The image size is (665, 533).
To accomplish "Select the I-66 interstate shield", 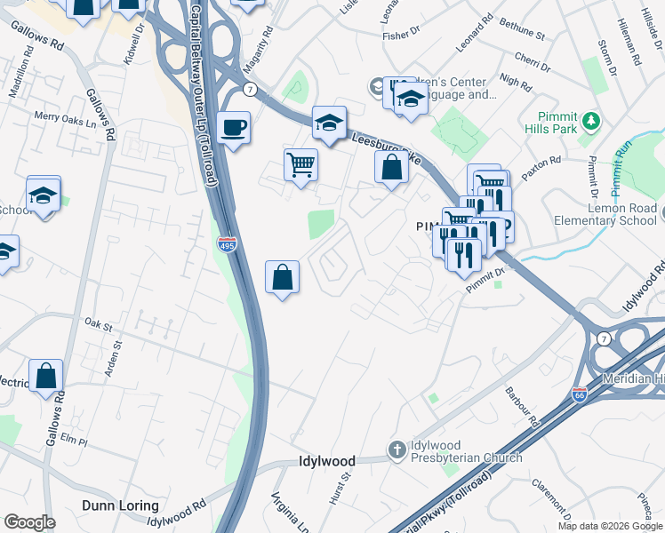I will (580, 393).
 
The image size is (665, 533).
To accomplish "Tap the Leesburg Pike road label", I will (384, 145).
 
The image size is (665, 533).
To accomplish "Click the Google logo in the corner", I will (29, 522).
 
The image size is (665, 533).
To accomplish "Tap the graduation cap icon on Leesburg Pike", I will (328, 125).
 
